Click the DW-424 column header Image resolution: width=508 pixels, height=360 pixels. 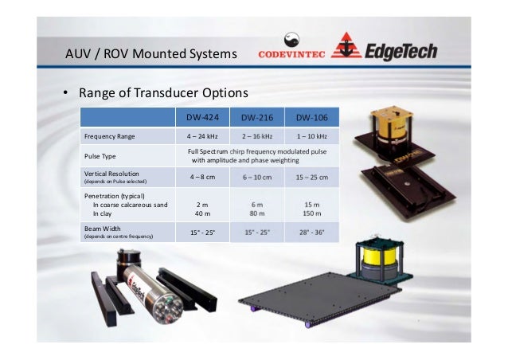click(x=202, y=118)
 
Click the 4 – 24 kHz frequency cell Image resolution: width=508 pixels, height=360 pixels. click(x=202, y=137)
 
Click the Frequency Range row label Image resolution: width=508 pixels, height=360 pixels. click(x=110, y=137)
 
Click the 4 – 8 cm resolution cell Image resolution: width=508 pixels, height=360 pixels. click(x=202, y=177)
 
